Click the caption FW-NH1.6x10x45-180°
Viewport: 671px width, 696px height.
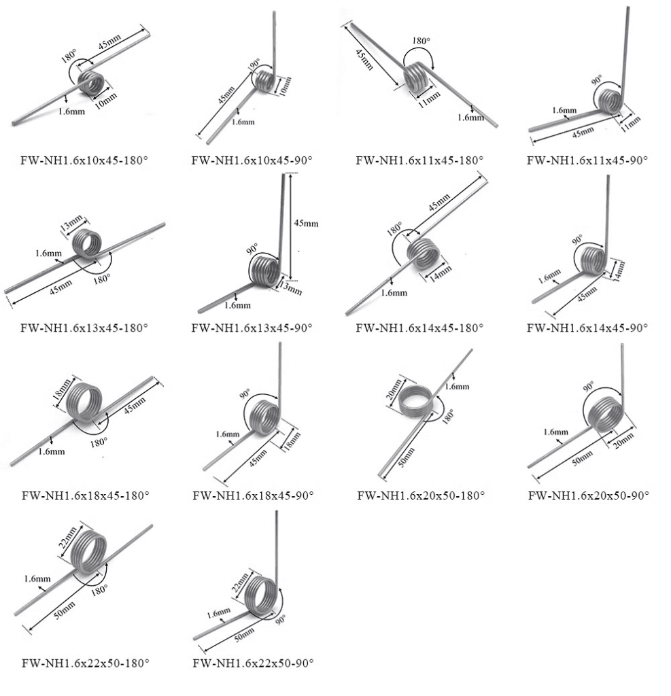click(85, 161)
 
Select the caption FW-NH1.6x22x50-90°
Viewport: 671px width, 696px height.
click(253, 663)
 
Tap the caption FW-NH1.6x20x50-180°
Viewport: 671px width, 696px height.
click(421, 495)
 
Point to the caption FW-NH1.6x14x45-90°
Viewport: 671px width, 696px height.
click(588, 328)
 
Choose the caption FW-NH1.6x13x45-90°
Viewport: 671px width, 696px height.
click(252, 328)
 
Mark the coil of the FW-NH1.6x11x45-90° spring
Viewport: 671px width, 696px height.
click(612, 100)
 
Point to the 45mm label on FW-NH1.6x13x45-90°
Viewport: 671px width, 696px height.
click(305, 224)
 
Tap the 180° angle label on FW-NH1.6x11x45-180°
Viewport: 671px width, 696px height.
click(420, 41)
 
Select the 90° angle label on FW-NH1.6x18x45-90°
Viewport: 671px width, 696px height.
click(245, 394)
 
